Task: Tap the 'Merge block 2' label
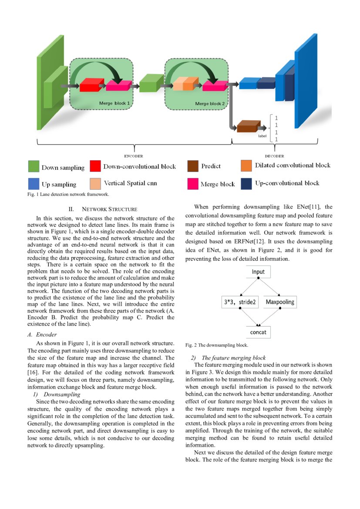coord(210,104)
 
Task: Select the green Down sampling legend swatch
coord(34,167)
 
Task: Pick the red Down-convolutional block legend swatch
coord(95,166)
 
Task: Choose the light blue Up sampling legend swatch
coord(34,184)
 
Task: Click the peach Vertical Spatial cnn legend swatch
coord(95,183)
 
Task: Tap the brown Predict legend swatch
coord(193,166)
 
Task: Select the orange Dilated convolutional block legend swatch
coord(246,165)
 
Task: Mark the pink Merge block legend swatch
coord(193,184)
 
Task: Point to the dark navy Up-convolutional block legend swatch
coord(246,183)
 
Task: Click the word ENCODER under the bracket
coord(134,156)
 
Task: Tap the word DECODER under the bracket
coord(274,156)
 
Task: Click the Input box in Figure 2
coord(258,272)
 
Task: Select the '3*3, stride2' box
coord(240,302)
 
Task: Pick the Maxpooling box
coord(280,302)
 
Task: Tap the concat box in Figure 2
coord(258,332)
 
